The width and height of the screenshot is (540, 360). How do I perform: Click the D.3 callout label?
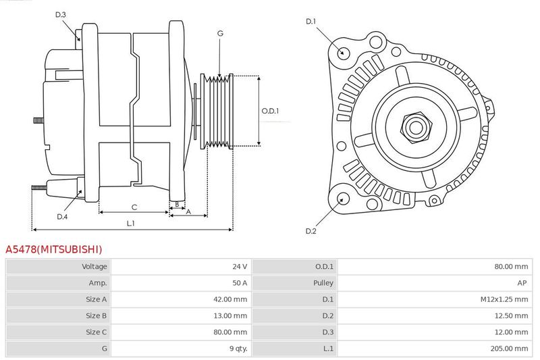tap(60, 14)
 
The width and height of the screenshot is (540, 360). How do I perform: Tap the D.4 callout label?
tap(62, 217)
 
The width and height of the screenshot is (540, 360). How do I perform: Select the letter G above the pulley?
tap(221, 33)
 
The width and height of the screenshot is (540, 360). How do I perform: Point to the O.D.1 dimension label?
tap(271, 111)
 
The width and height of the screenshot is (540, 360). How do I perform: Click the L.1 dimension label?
tap(130, 224)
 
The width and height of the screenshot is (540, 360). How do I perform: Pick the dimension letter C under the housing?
tap(134, 207)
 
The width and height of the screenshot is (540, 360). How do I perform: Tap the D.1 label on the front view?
tap(311, 22)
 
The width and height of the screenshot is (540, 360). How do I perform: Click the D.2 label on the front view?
tap(311, 231)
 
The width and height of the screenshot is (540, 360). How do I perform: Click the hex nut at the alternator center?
tap(416, 128)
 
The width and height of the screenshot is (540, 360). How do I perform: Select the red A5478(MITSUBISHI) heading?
tap(54, 249)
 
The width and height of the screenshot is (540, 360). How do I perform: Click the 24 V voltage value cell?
tap(240, 266)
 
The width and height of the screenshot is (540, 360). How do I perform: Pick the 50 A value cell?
tap(240, 283)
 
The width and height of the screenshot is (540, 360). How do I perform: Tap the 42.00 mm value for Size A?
tap(230, 299)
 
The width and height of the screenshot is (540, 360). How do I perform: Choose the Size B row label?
tap(96, 315)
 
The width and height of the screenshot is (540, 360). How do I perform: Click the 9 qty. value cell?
tap(238, 349)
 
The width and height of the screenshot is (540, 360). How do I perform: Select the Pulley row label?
tap(323, 283)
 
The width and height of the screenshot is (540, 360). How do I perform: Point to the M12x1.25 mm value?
tap(504, 299)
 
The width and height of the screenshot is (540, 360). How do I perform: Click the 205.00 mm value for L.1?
tap(509, 349)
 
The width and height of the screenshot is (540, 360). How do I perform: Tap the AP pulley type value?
tap(522, 283)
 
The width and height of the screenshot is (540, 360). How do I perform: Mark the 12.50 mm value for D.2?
tap(511, 315)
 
